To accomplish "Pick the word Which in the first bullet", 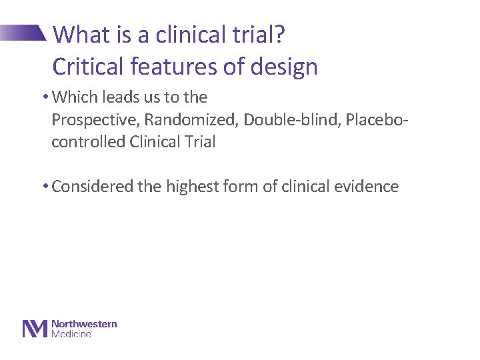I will (x=73, y=97).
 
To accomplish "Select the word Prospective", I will (x=90, y=119).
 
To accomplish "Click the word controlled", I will (x=84, y=142).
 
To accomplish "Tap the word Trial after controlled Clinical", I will (x=199, y=142).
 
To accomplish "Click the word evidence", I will (x=369, y=187).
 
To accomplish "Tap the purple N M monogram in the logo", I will (x=35, y=329).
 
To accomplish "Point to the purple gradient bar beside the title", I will (x=23, y=33).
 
